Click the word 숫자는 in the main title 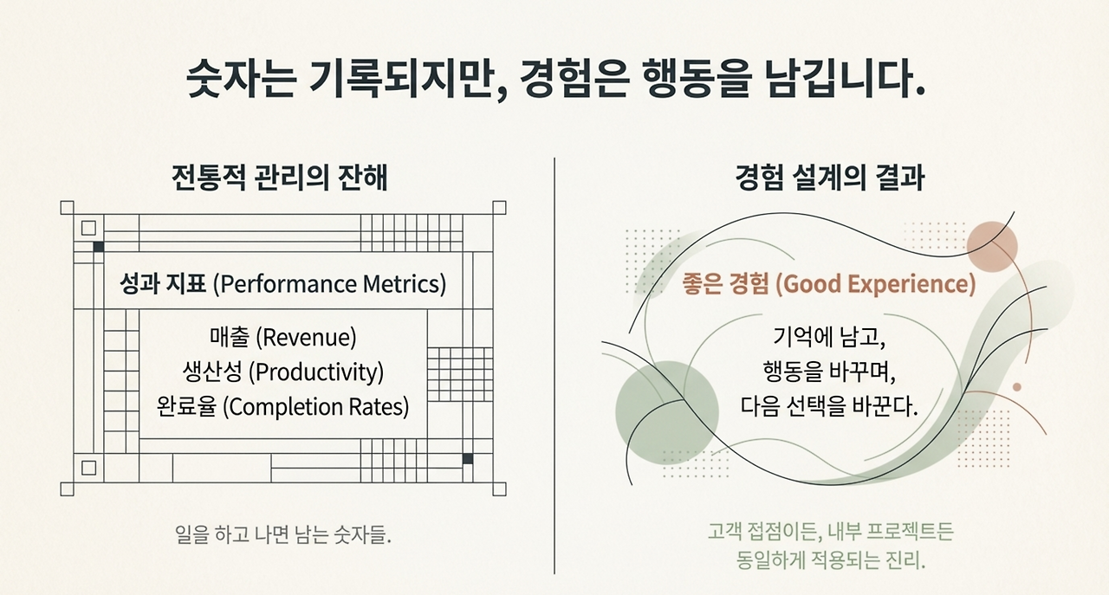click(x=241, y=79)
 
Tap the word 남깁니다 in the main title click(x=840, y=79)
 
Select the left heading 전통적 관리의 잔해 click(x=280, y=178)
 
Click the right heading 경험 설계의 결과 click(x=830, y=178)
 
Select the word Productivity click(x=316, y=372)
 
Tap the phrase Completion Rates click(x=316, y=407)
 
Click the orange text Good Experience click(x=875, y=284)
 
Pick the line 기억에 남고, click(x=829, y=338)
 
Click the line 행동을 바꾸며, click(x=829, y=372)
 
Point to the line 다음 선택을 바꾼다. click(x=829, y=407)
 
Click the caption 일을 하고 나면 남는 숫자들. click(x=283, y=534)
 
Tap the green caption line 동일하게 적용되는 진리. click(x=830, y=560)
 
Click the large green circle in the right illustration click(x=667, y=412)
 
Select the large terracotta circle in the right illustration click(x=992, y=247)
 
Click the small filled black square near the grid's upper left click(x=99, y=247)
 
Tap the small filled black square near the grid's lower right click(x=468, y=459)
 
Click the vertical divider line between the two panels click(x=554, y=366)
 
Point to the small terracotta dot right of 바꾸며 click(x=1017, y=387)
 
